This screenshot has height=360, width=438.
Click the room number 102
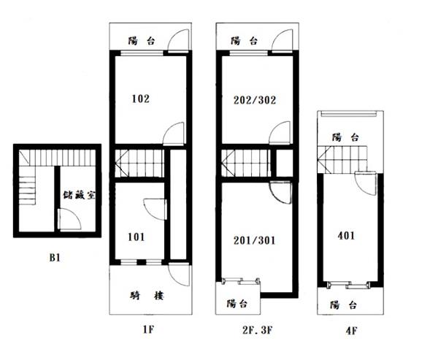[141, 99]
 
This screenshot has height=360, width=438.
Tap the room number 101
[137, 237]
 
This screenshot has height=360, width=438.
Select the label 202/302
[255, 100]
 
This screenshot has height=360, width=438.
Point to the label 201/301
[254, 240]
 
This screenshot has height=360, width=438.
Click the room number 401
[346, 236]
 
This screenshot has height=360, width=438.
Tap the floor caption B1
[55, 258]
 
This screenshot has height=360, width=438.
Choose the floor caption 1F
[148, 330]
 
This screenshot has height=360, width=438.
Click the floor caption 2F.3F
[257, 330]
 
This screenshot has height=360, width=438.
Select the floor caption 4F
[351, 331]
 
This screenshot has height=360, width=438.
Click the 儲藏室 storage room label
[79, 195]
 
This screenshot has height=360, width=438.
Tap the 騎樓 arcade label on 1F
[147, 296]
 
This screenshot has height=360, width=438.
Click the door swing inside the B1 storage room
[70, 220]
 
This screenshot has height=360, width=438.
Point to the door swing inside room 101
[155, 210]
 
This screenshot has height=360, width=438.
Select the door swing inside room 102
[174, 134]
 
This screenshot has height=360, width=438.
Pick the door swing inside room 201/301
[281, 193]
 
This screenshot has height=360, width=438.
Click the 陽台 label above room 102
[142, 41]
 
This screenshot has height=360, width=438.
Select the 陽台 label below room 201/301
[237, 304]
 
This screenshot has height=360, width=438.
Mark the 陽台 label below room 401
[344, 305]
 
